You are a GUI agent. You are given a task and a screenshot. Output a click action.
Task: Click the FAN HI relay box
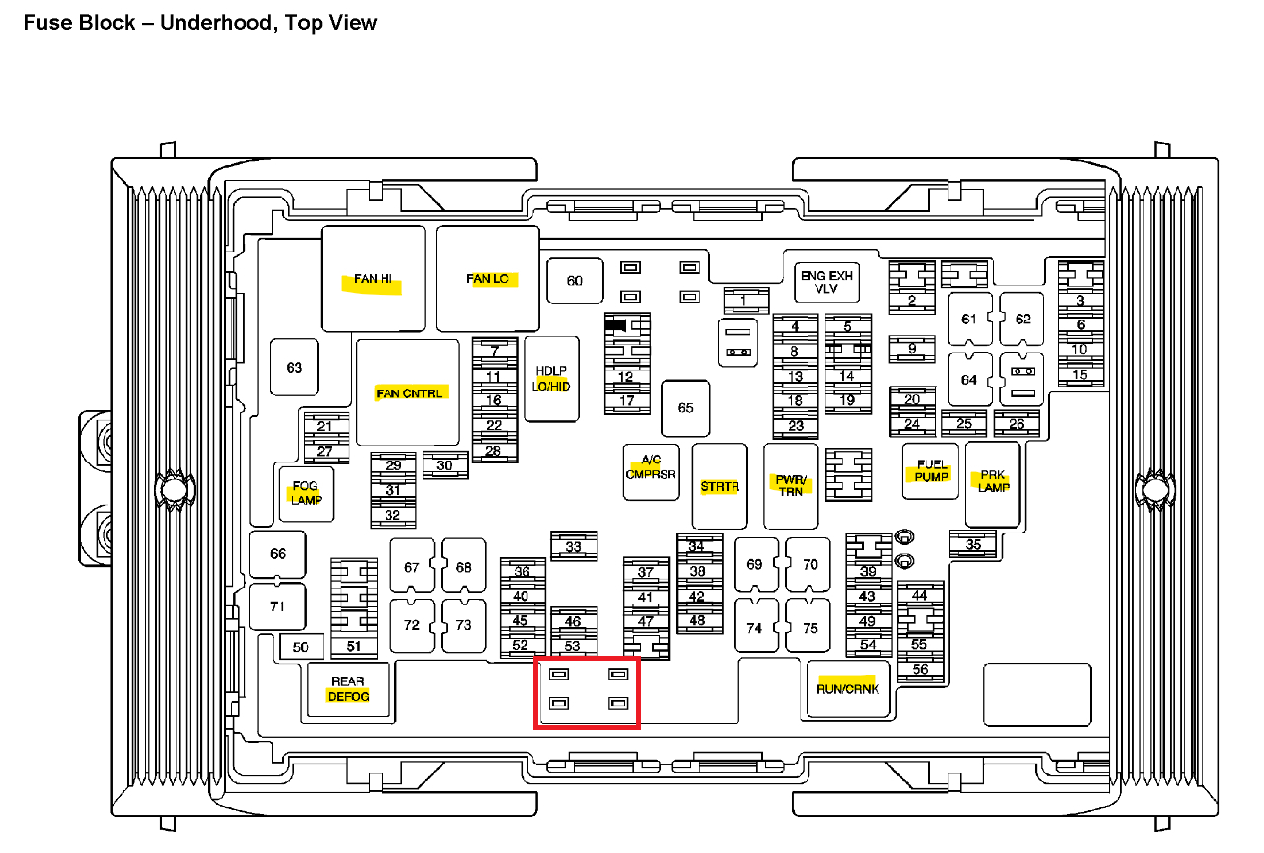click(374, 279)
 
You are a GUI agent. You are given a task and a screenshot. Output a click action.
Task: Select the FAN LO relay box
click(488, 279)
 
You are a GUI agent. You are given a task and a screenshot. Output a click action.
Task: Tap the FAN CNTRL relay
click(408, 392)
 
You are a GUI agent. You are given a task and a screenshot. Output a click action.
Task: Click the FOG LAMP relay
click(307, 493)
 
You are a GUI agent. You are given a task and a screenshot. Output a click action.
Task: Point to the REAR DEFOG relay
click(349, 689)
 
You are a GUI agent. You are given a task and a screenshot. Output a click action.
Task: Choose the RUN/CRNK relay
click(848, 688)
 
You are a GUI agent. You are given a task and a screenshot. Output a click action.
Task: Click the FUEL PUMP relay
click(931, 470)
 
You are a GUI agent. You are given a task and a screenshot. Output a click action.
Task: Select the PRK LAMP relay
click(993, 482)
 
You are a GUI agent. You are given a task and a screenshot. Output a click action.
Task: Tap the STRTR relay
click(720, 486)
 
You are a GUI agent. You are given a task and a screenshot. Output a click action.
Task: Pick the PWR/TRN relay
click(791, 485)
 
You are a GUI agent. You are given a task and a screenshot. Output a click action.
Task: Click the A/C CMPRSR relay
click(652, 467)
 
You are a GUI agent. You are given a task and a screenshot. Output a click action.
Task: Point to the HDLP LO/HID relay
click(551, 379)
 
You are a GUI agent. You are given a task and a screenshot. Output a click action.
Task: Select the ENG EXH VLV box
click(826, 282)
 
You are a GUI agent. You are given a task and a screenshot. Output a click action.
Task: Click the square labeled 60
click(574, 281)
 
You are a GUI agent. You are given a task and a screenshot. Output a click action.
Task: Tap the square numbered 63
click(294, 368)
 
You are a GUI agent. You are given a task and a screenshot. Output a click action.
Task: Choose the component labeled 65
click(685, 408)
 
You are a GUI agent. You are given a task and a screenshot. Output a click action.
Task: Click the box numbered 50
click(301, 647)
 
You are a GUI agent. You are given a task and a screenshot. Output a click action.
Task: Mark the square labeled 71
click(277, 606)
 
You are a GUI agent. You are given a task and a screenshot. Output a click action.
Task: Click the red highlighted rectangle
click(587, 692)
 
